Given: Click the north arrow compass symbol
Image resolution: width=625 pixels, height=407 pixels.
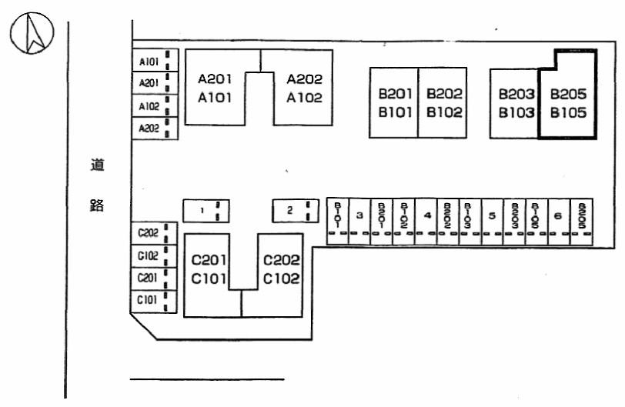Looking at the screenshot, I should point(32,35).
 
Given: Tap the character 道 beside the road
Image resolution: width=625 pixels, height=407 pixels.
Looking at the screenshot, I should point(97,165).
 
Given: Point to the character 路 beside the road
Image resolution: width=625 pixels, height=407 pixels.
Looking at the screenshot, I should point(97,205).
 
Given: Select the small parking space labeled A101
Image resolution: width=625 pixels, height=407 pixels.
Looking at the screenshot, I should point(154,62).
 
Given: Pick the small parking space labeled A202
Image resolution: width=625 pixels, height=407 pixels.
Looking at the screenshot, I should point(154,128).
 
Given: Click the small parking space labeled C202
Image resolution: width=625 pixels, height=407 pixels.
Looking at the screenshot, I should point(154,232).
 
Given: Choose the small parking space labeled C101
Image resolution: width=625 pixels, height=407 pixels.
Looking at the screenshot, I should point(154,300).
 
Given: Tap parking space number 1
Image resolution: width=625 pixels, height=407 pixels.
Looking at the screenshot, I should point(206,210).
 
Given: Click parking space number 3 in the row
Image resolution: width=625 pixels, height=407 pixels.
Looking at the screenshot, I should point(359,216).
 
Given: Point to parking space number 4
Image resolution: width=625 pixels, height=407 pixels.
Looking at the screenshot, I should point(426,216).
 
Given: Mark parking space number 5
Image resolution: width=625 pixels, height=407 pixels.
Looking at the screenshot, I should point(492,216).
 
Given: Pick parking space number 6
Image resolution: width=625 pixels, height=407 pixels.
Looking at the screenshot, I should point(558,216).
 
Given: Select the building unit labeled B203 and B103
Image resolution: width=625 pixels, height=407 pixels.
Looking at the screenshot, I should point(515,102).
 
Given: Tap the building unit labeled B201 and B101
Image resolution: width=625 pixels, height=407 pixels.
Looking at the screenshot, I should point(393,102).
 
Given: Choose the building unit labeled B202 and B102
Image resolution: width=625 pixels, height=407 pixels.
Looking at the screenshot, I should point(443,102).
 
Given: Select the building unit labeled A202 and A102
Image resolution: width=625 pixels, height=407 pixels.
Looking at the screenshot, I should point(305,88).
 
